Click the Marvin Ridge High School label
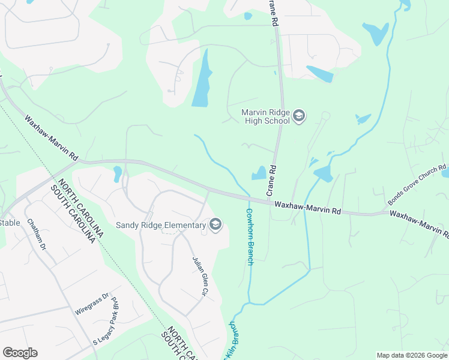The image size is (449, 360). tap(266, 116)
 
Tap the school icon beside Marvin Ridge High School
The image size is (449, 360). tap(299, 116)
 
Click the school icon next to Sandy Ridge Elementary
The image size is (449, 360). tap(215, 225)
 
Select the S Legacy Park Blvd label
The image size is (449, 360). tap(106, 324)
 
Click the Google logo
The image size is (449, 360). tap(20, 353)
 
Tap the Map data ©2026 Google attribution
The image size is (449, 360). tap(412, 355)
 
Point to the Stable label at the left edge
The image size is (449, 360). tap(10, 223)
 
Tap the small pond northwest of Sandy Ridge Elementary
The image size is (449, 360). tap(117, 174)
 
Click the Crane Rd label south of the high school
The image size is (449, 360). tap(271, 180)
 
